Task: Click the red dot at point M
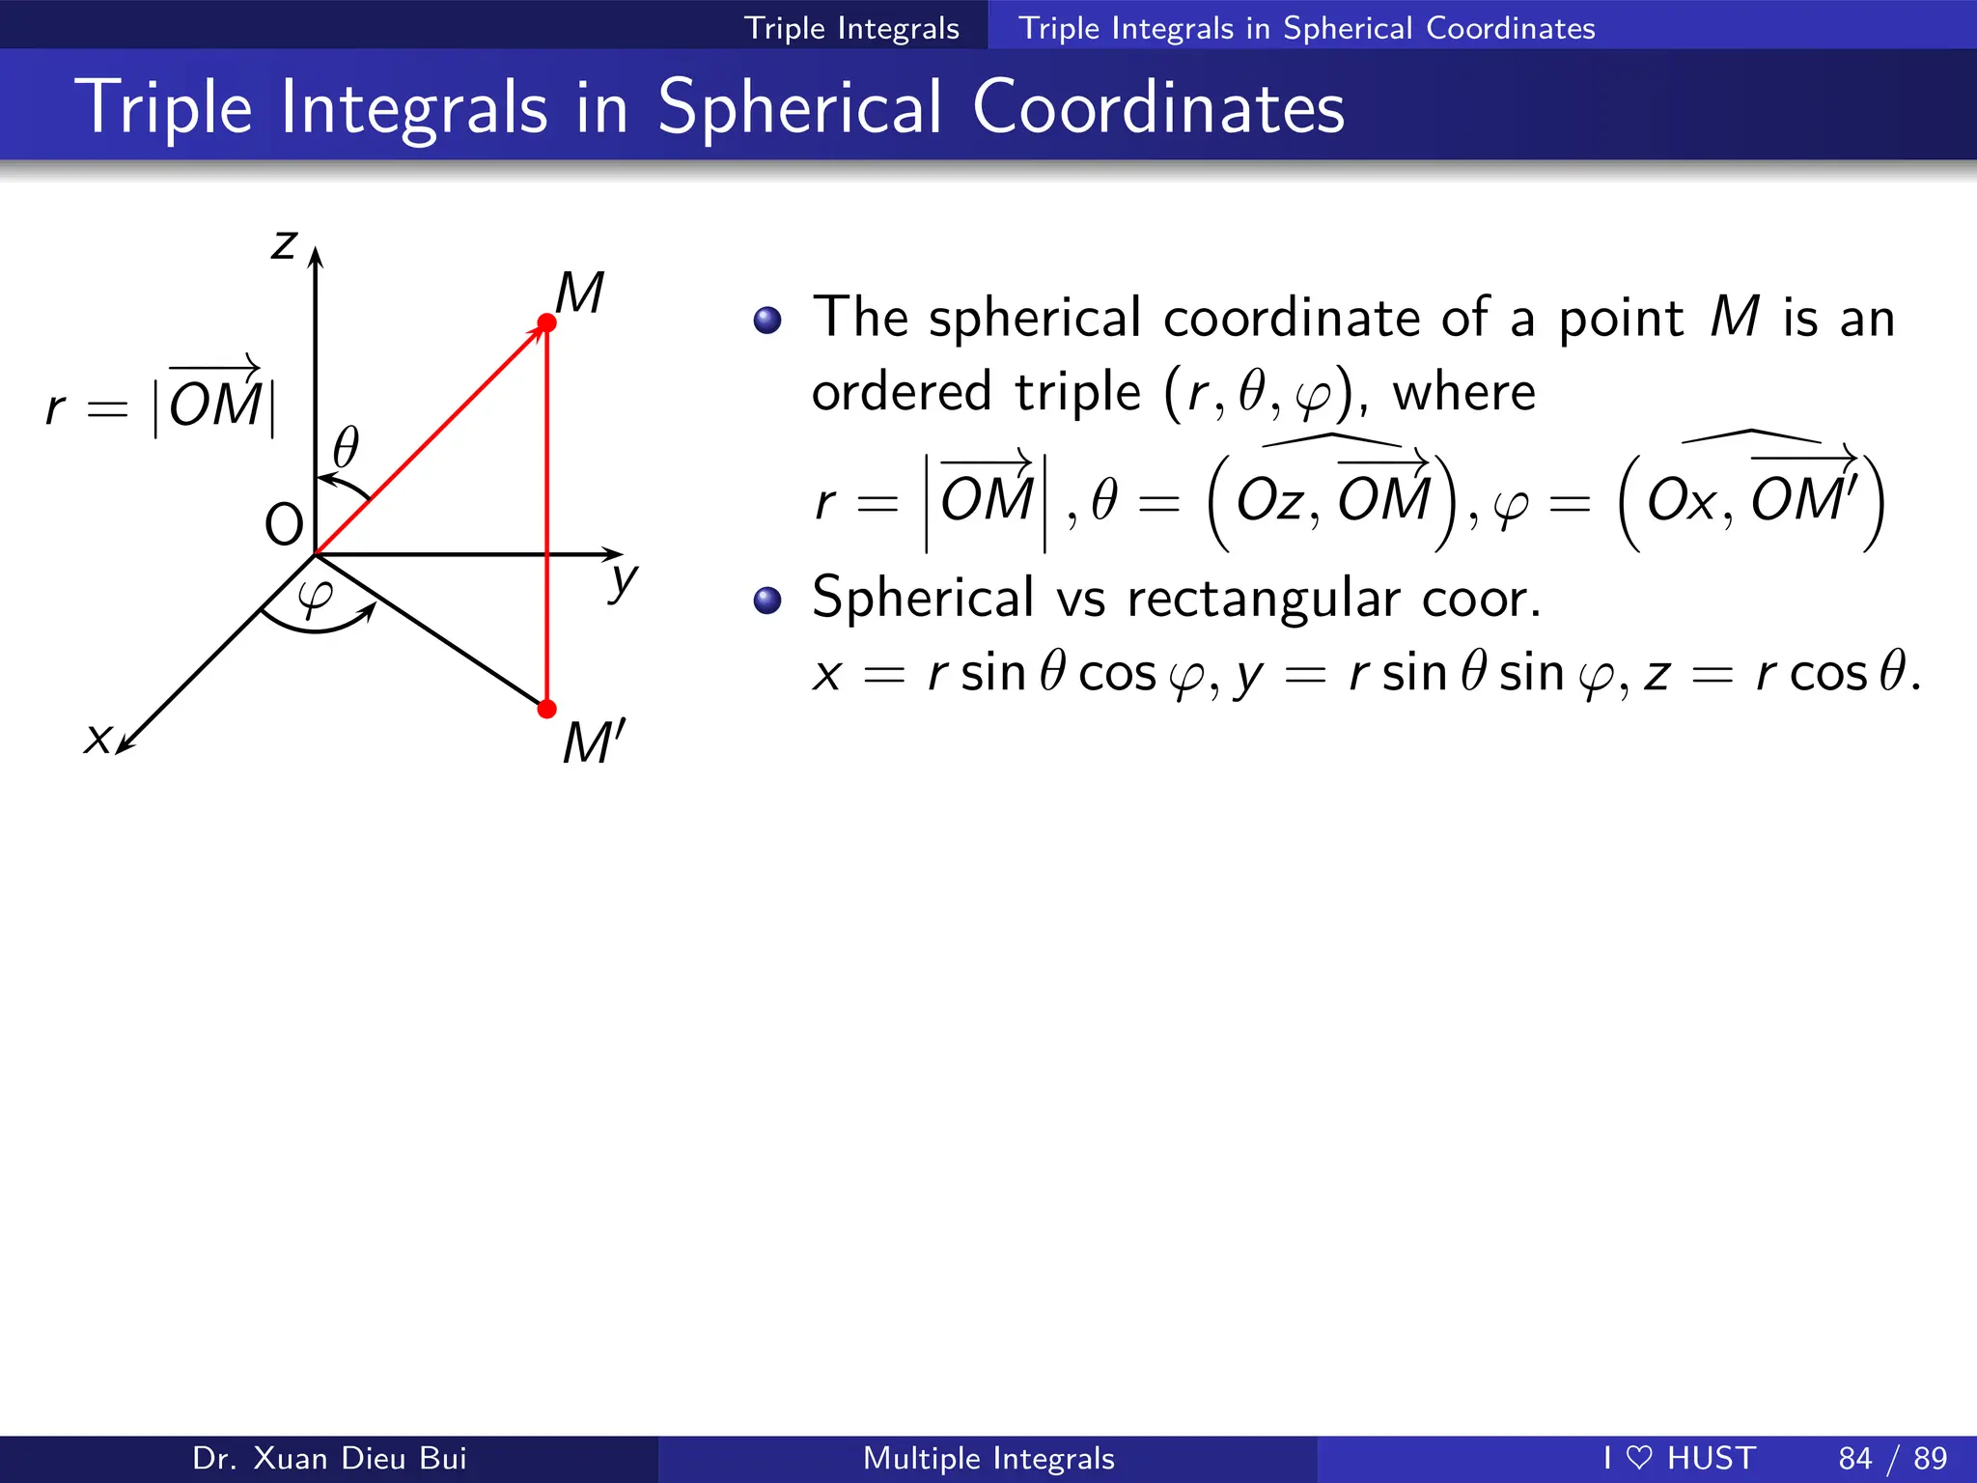point(546,322)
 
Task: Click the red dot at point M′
point(546,710)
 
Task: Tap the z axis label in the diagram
point(284,244)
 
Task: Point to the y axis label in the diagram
point(624,580)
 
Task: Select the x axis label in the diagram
point(97,739)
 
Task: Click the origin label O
point(284,525)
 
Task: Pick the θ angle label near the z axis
point(346,448)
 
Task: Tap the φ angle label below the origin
point(316,596)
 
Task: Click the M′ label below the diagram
point(594,742)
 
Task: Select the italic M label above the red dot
point(579,293)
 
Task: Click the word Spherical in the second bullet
point(923,598)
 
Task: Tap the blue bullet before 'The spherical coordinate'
point(767,320)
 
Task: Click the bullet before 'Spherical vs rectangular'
point(767,601)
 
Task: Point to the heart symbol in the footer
point(1639,1457)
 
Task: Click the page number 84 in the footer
point(1855,1458)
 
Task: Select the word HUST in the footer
point(1712,1458)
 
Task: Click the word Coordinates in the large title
point(1158,107)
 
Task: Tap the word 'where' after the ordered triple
point(1463,393)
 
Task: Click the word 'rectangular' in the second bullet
point(1263,600)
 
